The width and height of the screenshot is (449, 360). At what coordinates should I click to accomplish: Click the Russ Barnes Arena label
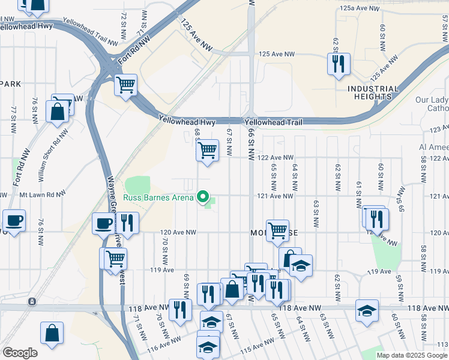click(158, 197)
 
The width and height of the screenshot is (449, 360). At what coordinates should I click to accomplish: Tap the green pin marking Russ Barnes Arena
click(203, 197)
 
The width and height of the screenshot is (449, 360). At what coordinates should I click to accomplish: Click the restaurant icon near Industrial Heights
click(338, 63)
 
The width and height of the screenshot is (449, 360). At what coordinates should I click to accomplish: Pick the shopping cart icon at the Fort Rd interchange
click(126, 85)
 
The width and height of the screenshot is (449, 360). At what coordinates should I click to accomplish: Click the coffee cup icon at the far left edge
click(14, 221)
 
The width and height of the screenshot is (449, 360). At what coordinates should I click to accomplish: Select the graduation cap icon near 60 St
click(367, 310)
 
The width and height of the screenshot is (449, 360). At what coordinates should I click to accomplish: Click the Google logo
click(20, 353)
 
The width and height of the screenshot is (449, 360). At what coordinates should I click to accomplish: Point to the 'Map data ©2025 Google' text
click(412, 355)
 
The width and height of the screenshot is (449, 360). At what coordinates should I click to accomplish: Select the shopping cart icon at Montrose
click(277, 229)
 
